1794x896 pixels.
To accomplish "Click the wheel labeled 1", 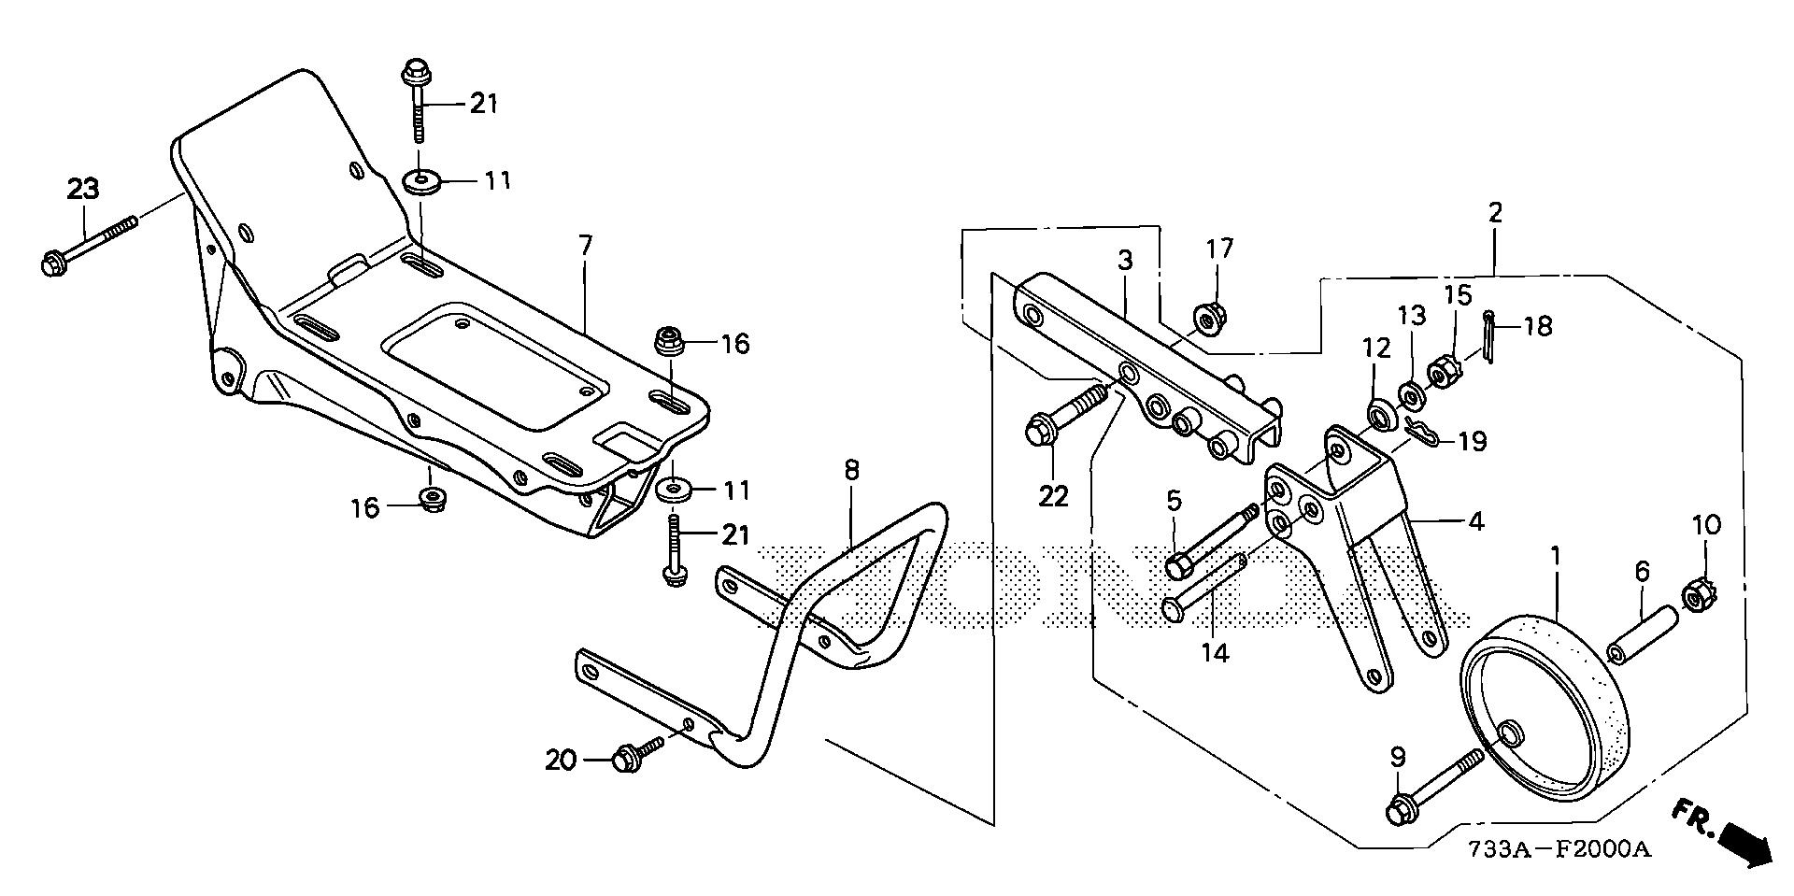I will tap(1545, 716).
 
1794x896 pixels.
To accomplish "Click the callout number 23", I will tap(83, 190).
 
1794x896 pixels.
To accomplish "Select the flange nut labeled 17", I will tap(1208, 320).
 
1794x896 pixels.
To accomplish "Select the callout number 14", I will tap(1215, 653).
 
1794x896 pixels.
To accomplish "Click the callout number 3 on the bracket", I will tap(1124, 261).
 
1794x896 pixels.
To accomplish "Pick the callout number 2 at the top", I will tap(1495, 212).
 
